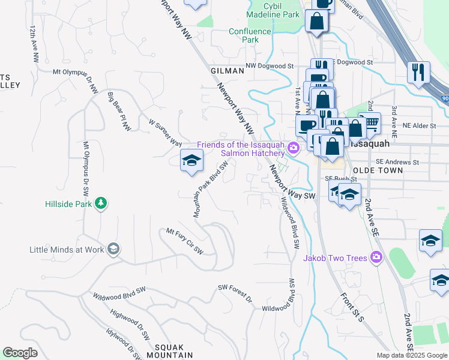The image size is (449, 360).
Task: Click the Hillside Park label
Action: point(70,204)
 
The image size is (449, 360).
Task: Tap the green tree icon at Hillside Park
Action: point(102,203)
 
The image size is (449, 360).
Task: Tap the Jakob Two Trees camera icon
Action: point(376,258)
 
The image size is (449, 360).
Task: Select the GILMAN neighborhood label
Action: point(228,71)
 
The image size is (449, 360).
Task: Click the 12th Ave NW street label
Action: point(34,45)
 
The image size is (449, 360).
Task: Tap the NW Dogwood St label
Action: point(270,67)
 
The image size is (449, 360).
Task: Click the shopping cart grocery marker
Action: point(371,122)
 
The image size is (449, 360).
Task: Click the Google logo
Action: point(20,353)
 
